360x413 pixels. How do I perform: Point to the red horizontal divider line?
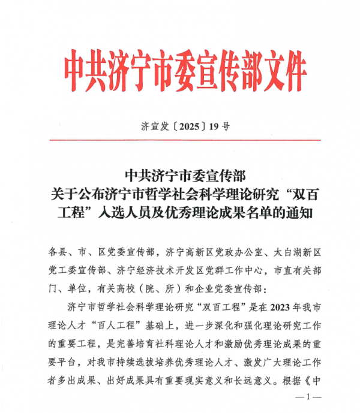point(180,140)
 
